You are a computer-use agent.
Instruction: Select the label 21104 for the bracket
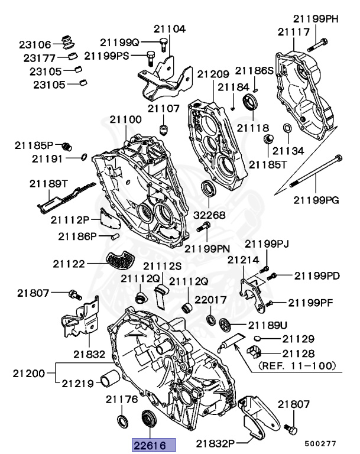[x=170, y=28]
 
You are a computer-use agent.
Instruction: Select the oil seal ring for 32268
[x=207, y=189]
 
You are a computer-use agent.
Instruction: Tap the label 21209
[x=213, y=74]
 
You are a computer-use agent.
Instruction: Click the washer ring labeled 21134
[x=286, y=128]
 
